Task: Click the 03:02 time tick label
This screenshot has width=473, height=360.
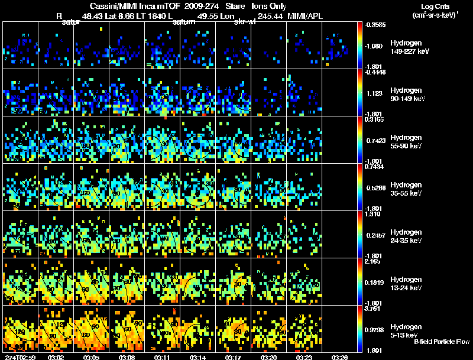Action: (56, 357)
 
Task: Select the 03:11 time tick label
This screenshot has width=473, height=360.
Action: (163, 357)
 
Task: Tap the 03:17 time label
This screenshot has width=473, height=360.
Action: (234, 357)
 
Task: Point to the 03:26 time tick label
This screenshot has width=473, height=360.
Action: (340, 357)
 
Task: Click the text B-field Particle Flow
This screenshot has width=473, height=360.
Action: (442, 342)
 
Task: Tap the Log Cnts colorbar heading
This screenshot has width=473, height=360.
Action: (433, 7)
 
